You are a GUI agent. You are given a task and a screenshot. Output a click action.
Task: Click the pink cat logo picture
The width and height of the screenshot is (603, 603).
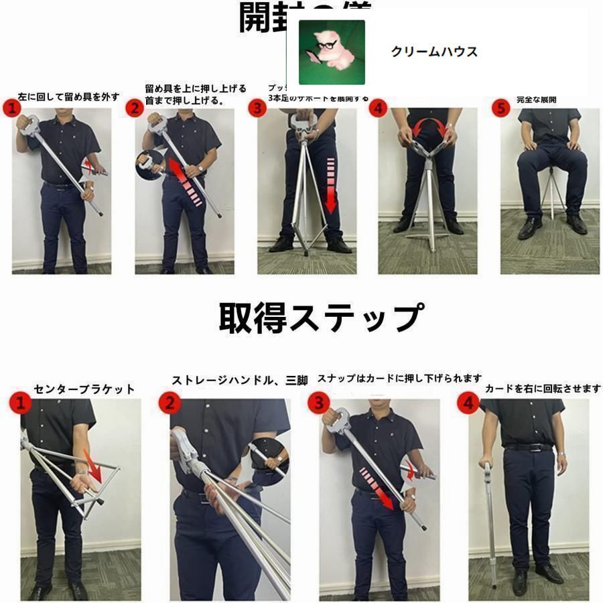pyautogui.click(x=332, y=52)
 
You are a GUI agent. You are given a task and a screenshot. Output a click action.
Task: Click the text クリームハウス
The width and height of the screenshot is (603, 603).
pyautogui.click(x=434, y=52)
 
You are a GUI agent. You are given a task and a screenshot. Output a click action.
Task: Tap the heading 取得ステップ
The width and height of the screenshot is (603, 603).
pyautogui.click(x=321, y=318)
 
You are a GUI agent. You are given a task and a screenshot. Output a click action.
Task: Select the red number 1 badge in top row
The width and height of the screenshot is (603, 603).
pyautogui.click(x=11, y=108)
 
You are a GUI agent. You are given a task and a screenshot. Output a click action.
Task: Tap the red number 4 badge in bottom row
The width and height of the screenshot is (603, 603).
pyautogui.click(x=468, y=403)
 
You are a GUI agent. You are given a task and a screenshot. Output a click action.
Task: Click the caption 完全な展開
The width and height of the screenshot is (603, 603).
pyautogui.click(x=537, y=100)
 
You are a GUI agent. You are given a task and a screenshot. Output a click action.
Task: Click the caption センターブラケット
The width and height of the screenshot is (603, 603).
pyautogui.click(x=84, y=389)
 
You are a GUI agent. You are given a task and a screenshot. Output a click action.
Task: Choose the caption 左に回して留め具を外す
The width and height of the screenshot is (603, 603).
pyautogui.click(x=68, y=96)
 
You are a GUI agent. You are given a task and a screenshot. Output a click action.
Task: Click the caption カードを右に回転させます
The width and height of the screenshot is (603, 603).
pyautogui.click(x=543, y=389)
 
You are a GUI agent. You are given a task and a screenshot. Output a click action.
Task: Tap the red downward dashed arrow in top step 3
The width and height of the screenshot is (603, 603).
pyautogui.click(x=330, y=184)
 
